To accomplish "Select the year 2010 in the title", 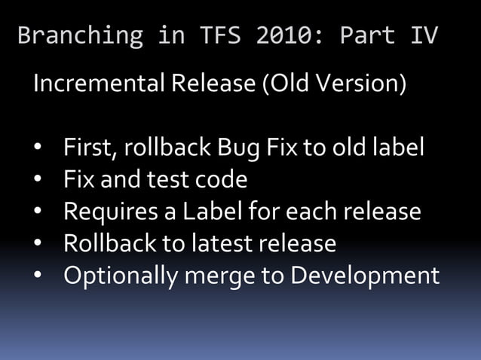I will [x=275, y=35].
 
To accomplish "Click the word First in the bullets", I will [x=87, y=148].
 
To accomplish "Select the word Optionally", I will [x=121, y=276].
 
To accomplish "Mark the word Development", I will [x=365, y=276].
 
